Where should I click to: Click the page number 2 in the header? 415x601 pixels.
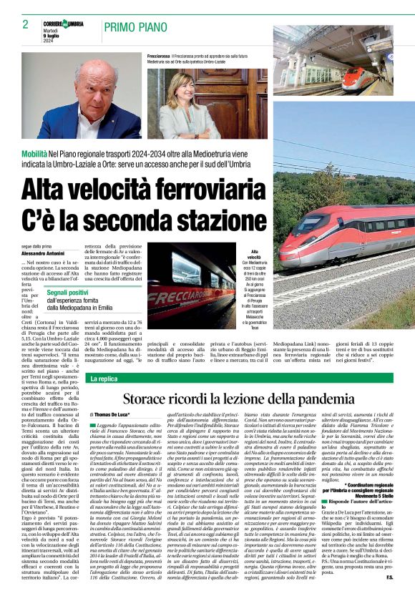pos(25,24)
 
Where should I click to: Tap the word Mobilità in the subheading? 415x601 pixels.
pos(34,154)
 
